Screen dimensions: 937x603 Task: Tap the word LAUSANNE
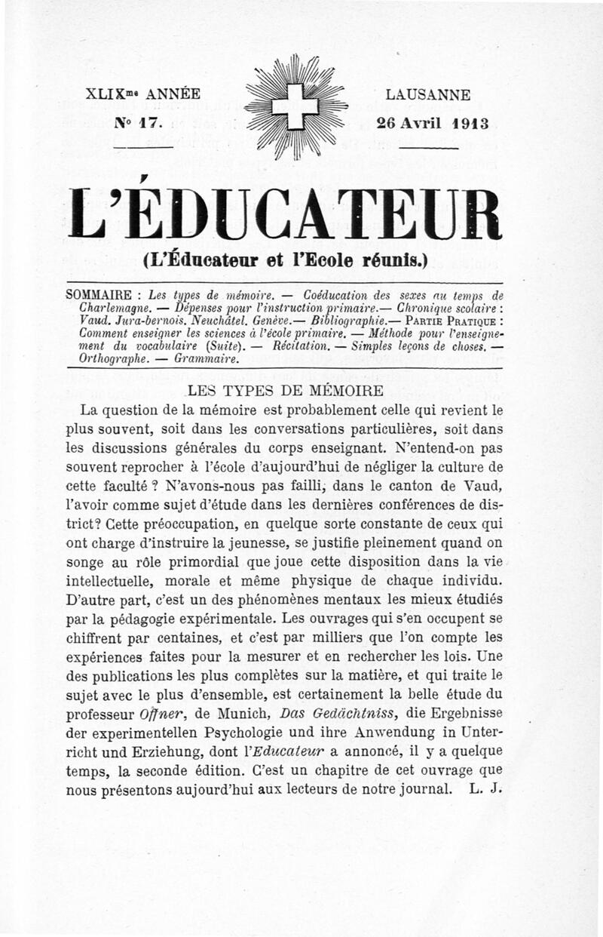click(427, 96)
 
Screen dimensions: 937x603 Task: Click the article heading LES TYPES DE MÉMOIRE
click(286, 391)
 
